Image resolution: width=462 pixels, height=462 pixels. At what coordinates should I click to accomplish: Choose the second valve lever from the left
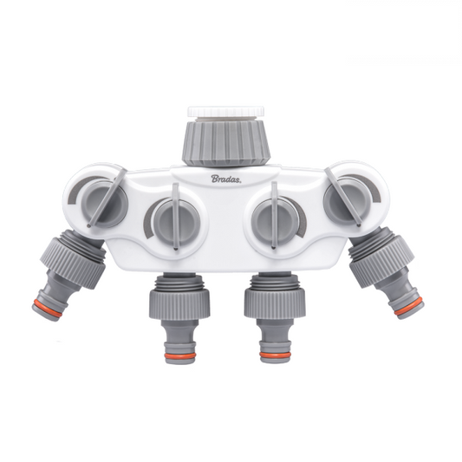click(x=172, y=218)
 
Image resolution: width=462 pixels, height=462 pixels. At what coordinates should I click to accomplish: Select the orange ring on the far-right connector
click(x=408, y=304)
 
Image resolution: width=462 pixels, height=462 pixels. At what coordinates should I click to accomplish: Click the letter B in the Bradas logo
click(x=214, y=179)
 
